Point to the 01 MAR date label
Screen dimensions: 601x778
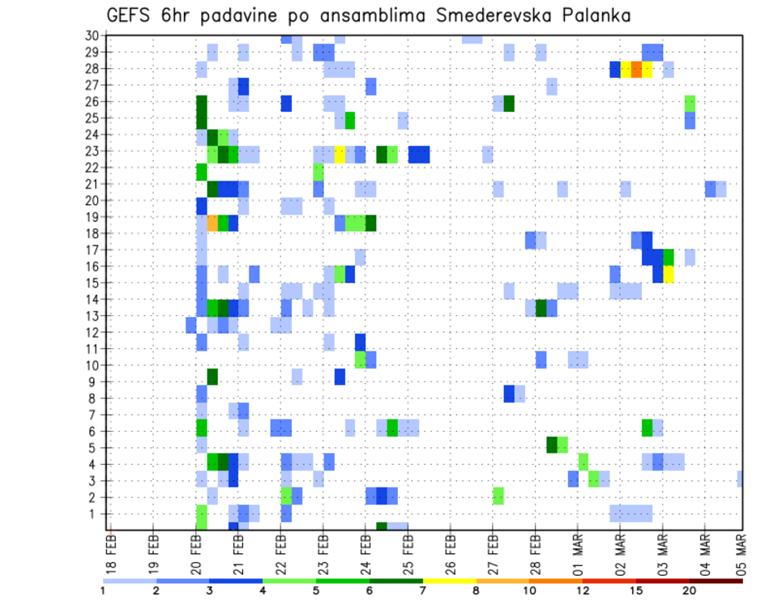click(x=578, y=551)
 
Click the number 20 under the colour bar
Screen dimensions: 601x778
click(x=690, y=591)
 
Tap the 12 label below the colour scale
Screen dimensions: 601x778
click(x=583, y=591)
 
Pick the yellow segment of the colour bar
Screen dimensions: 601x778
click(x=450, y=581)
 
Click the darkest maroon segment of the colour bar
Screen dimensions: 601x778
click(x=716, y=581)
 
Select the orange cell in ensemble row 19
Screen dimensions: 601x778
click(x=212, y=224)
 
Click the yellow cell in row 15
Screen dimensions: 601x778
click(x=669, y=274)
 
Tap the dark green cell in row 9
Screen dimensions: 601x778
click(x=212, y=377)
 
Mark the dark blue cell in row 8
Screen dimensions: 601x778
click(x=509, y=394)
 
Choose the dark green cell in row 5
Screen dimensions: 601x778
click(x=552, y=444)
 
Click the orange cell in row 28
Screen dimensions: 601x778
click(x=636, y=69)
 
